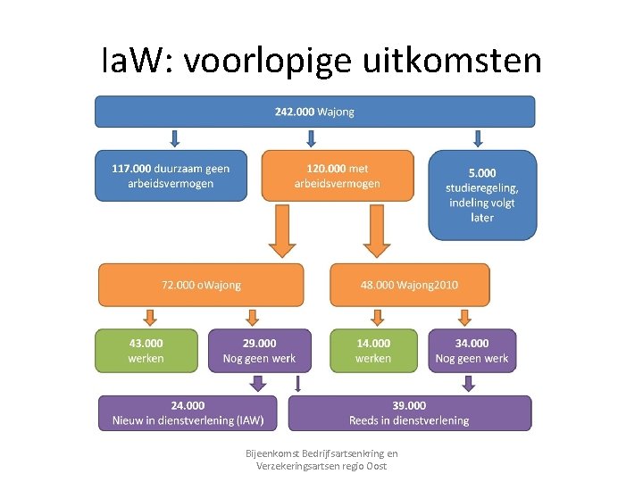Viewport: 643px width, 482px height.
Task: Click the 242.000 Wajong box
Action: [x=315, y=112]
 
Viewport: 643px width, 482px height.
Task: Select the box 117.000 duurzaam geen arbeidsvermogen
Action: [x=171, y=176]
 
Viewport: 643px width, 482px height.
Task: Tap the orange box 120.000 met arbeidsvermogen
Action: [x=338, y=176]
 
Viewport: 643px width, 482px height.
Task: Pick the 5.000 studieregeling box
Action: [x=482, y=195]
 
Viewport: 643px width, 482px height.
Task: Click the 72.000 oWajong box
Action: [x=201, y=285]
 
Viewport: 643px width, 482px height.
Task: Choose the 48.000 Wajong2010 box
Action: [x=410, y=285]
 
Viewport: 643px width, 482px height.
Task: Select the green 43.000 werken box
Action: [x=146, y=350]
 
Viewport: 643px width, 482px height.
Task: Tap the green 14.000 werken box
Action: [x=373, y=350]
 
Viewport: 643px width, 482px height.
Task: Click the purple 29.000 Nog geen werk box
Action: [x=260, y=350]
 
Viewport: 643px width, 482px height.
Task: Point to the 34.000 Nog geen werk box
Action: [x=472, y=350]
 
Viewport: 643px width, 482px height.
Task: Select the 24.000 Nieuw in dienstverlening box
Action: [x=188, y=413]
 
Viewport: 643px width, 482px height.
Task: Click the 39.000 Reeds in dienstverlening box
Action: [x=409, y=413]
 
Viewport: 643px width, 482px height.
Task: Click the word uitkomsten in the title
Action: [x=453, y=61]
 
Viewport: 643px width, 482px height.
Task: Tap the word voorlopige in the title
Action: [x=267, y=61]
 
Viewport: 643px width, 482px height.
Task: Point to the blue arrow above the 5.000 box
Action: [x=478, y=138]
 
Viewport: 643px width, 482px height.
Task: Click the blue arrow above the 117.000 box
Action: [x=175, y=138]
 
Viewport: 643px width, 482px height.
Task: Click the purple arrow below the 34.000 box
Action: [x=467, y=383]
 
